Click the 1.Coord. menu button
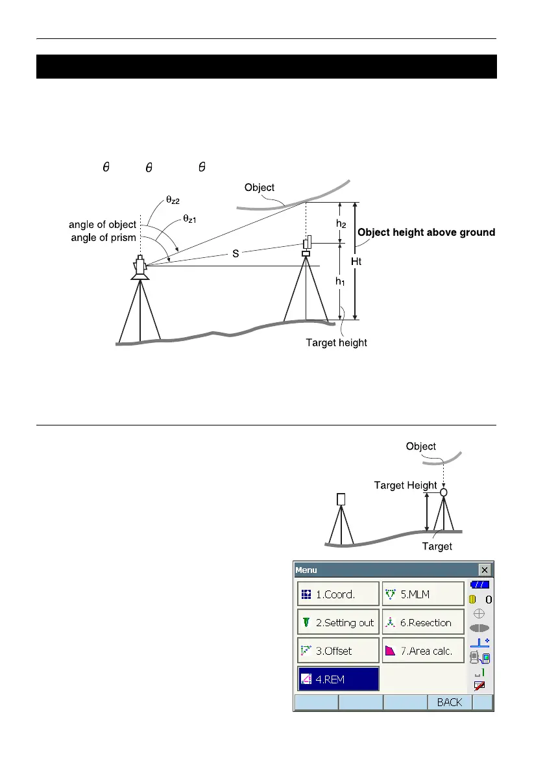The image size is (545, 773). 337,594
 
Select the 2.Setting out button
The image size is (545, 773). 337,622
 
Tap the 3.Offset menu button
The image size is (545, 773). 337,650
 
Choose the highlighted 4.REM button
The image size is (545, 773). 337,679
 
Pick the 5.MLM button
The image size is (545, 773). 422,594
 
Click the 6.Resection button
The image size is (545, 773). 422,622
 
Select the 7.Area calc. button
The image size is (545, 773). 422,650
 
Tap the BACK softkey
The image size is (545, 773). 450,702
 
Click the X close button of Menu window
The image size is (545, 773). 485,570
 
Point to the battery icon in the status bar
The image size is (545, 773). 480,585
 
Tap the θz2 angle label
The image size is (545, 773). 173,201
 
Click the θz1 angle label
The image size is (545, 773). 189,220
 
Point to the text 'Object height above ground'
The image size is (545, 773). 426,232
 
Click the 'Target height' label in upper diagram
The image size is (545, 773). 336,342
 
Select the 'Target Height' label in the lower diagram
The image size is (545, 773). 406,485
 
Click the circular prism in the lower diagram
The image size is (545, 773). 444,492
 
